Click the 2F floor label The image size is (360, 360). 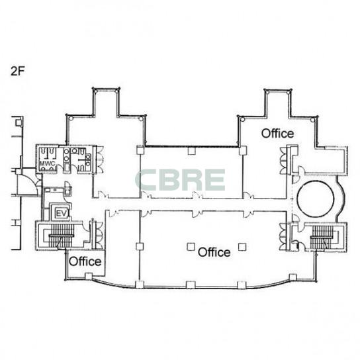click(x=17, y=71)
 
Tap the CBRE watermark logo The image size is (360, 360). click(x=180, y=180)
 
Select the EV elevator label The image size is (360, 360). click(x=62, y=214)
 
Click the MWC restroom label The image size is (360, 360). click(x=48, y=163)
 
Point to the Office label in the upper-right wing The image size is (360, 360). click(x=277, y=134)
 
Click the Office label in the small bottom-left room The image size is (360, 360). click(x=85, y=261)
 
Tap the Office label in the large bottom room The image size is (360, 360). click(x=214, y=252)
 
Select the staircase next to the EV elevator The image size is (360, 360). click(x=62, y=236)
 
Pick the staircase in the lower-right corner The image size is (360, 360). click(x=322, y=237)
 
